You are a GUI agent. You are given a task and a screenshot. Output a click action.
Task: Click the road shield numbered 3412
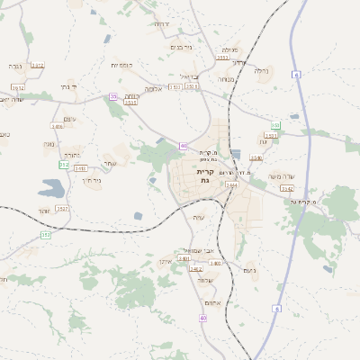point(37,66)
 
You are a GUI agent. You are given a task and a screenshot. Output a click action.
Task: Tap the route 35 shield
point(113,96)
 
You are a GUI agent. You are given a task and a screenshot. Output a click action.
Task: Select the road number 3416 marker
point(58,127)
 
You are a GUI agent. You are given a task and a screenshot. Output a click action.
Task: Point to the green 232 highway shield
point(63,165)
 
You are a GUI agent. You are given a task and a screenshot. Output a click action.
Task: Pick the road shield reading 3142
point(286,188)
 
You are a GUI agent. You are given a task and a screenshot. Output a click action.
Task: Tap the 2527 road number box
point(62,208)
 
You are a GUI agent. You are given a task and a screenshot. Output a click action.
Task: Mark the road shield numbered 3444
point(232,185)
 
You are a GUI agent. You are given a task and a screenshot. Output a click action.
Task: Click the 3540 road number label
point(256,157)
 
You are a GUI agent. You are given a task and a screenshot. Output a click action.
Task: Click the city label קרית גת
point(205,176)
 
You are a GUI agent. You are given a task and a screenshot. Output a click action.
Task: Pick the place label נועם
point(249,270)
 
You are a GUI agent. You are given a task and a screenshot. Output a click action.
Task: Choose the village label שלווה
point(206,280)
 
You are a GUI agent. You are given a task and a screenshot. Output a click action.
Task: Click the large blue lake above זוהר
point(51,188)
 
